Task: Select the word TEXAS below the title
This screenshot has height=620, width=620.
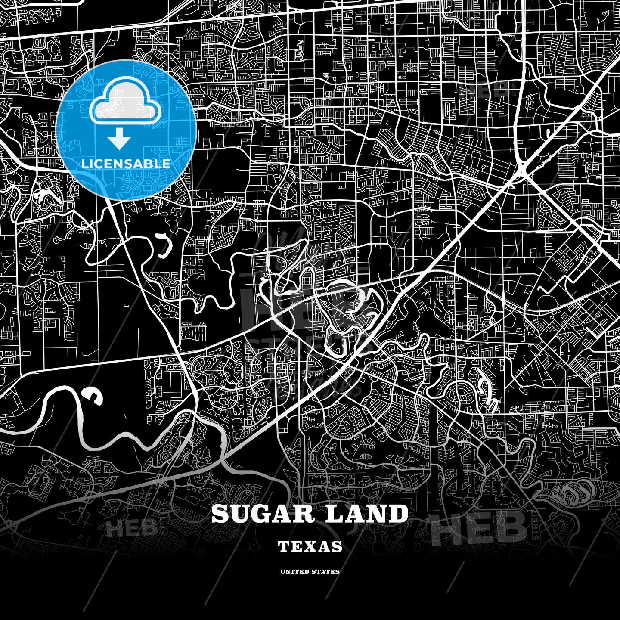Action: coord(310,547)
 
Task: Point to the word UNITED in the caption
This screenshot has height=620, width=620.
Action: coord(294,572)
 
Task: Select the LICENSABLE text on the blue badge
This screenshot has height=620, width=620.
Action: coord(126,164)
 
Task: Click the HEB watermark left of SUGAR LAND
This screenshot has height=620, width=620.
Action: coord(131,528)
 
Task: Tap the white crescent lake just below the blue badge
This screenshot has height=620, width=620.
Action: coord(164,246)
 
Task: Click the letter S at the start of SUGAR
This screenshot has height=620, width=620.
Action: coord(220,514)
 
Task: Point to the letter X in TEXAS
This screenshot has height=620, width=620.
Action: coord(311,547)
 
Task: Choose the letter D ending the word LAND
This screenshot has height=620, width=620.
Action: coord(399,514)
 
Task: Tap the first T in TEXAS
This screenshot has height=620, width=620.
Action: coord(283,547)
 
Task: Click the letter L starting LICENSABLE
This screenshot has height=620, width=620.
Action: coord(84,164)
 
